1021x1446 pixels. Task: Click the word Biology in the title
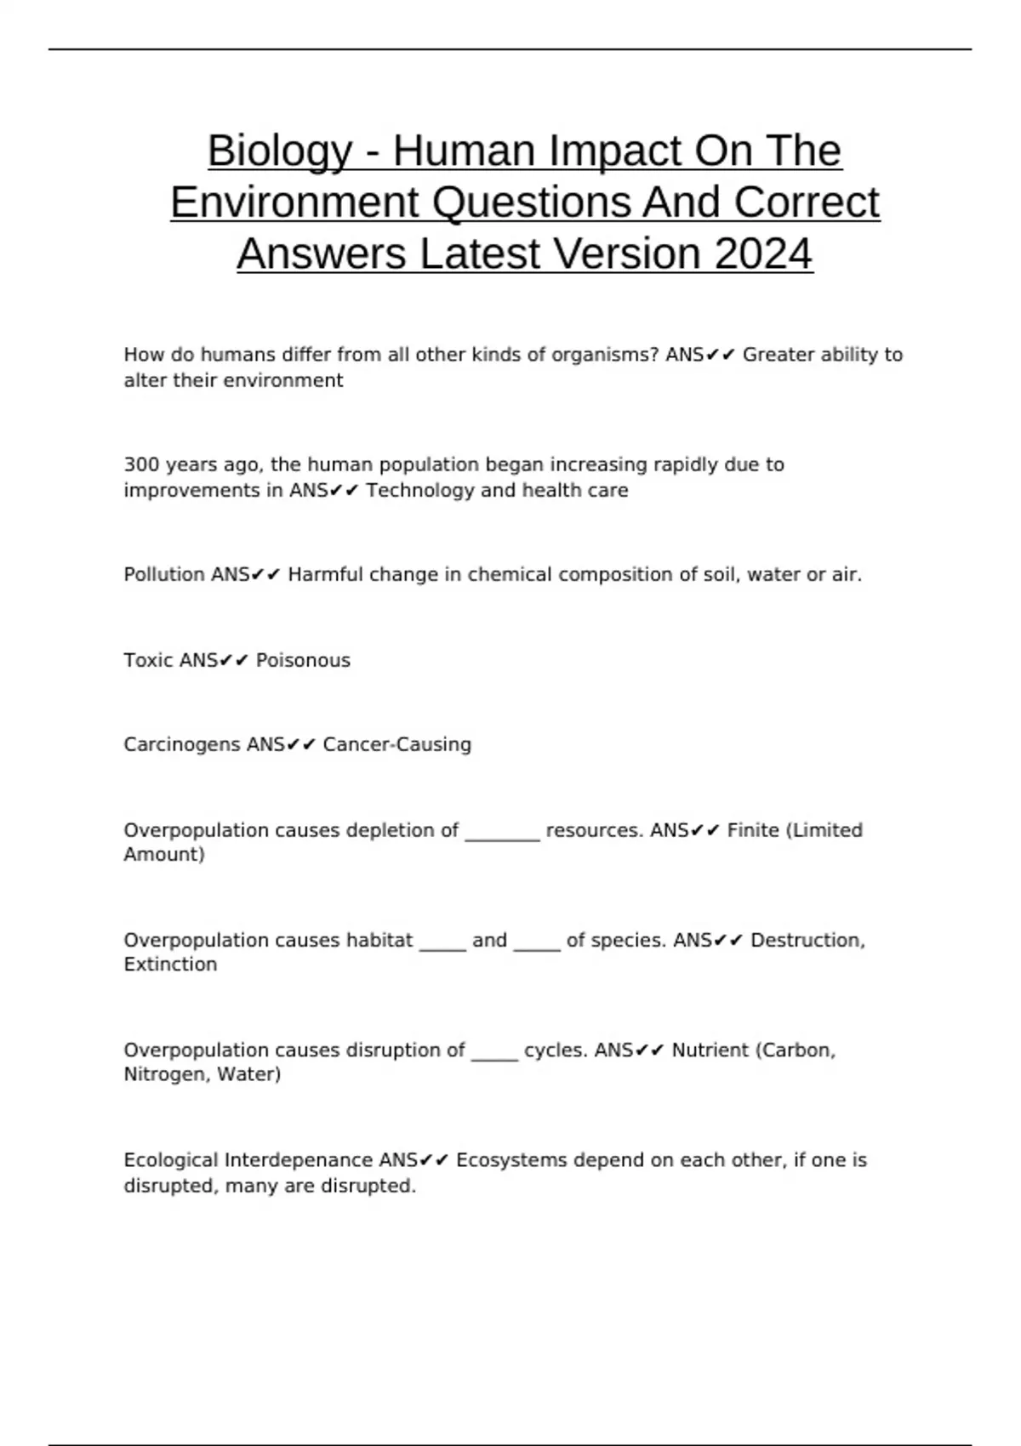(279, 151)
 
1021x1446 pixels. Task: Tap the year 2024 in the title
(763, 253)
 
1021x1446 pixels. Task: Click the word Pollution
(164, 575)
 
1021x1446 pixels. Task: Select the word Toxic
(149, 660)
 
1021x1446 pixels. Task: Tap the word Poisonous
(303, 660)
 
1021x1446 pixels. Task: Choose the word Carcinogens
(182, 744)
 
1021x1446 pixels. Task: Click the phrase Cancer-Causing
(396, 744)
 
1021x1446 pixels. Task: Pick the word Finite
(753, 830)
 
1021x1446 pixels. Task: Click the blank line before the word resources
(502, 837)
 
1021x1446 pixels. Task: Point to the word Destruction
(807, 940)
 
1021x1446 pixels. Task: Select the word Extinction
(170, 965)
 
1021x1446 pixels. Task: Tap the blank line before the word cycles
(494, 1057)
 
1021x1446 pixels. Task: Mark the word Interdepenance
(300, 1160)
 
